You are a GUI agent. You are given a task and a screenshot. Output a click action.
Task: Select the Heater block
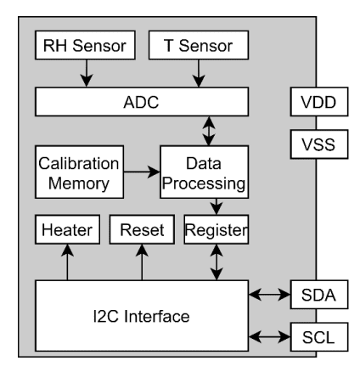tap(67, 230)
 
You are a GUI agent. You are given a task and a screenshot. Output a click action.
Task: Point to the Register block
tap(216, 230)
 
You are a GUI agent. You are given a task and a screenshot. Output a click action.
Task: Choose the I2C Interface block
tap(141, 315)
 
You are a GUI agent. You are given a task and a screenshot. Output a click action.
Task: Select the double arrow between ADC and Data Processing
tap(205, 132)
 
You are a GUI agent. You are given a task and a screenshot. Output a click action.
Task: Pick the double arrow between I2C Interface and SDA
tap(269, 296)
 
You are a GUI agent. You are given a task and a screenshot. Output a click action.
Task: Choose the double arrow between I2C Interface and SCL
tap(269, 336)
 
